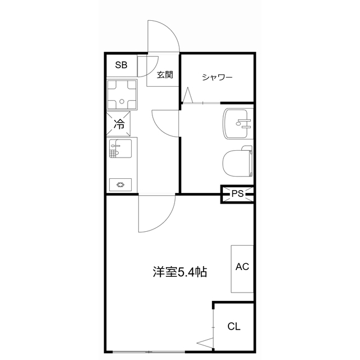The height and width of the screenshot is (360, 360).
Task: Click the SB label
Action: pyautogui.click(x=121, y=65)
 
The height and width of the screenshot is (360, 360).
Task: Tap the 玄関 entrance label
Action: pyautogui.click(x=165, y=74)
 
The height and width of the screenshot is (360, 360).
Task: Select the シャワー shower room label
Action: pyautogui.click(x=217, y=77)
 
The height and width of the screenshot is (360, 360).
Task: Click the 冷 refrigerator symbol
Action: pyautogui.click(x=119, y=124)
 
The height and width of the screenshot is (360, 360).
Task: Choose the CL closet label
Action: pyautogui.click(x=234, y=327)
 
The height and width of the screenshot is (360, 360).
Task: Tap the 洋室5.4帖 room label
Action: pyautogui.click(x=179, y=273)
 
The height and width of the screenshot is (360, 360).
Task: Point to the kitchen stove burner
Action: pyautogui.click(x=120, y=183)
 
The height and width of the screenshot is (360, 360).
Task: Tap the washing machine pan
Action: pyautogui.click(x=122, y=94)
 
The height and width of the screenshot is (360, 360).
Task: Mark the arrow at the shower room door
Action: pyautogui.click(x=187, y=94)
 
